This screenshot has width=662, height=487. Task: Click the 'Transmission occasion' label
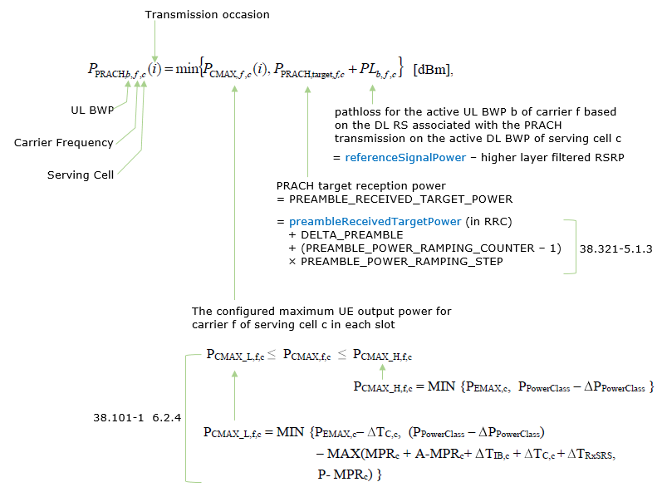207,15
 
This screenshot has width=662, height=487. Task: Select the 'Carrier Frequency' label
64,142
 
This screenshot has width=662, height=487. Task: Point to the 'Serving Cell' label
81,175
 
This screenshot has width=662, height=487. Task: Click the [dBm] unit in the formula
433,71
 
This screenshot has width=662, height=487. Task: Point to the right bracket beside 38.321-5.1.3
572,247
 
